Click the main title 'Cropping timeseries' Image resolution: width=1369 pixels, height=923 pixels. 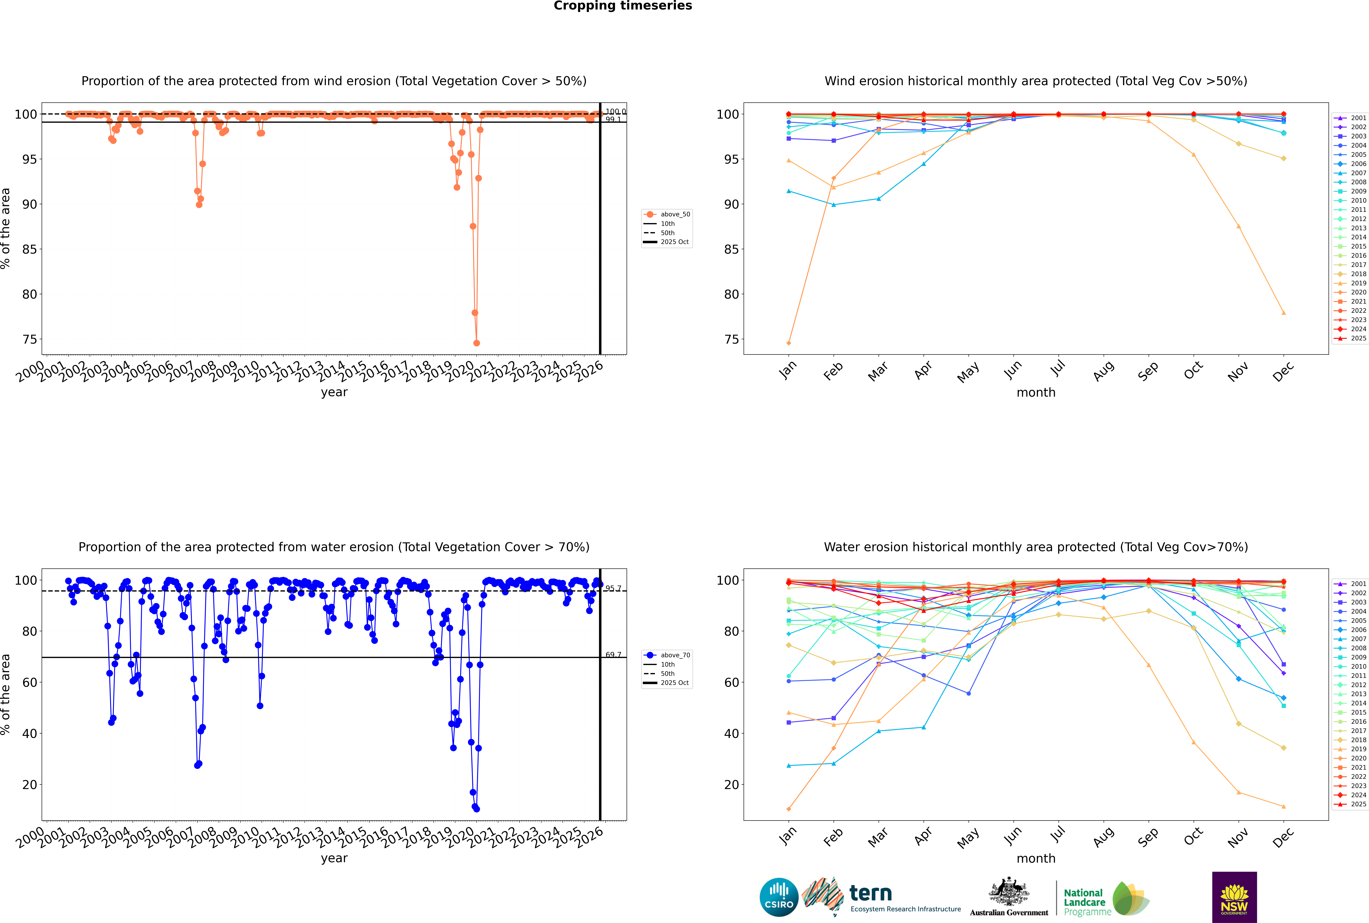click(x=623, y=6)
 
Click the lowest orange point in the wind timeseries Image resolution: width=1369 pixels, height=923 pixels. click(x=477, y=343)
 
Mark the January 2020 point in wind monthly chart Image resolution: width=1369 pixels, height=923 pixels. click(x=789, y=343)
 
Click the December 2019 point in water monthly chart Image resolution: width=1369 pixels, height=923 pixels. click(x=1284, y=806)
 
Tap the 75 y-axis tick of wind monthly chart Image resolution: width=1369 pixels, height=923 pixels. click(x=732, y=340)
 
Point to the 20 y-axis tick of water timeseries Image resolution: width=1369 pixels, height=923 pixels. click(x=29, y=785)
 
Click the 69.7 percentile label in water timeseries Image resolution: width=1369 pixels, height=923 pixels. click(x=613, y=655)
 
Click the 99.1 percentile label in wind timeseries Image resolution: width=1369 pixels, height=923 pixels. click(x=613, y=120)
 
